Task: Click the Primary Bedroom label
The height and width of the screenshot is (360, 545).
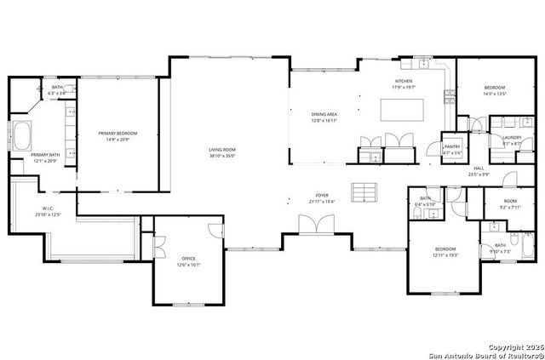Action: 118,134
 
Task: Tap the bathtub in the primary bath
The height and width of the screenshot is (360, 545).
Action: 20,136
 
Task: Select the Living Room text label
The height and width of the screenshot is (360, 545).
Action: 222,150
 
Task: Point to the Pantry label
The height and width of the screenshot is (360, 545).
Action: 452,146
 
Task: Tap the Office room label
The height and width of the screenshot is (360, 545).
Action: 188,259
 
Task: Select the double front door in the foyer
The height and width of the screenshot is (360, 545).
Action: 313,225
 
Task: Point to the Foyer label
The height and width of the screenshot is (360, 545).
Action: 322,195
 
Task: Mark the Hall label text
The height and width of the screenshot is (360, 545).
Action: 479,169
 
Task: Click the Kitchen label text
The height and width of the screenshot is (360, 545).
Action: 404,81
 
